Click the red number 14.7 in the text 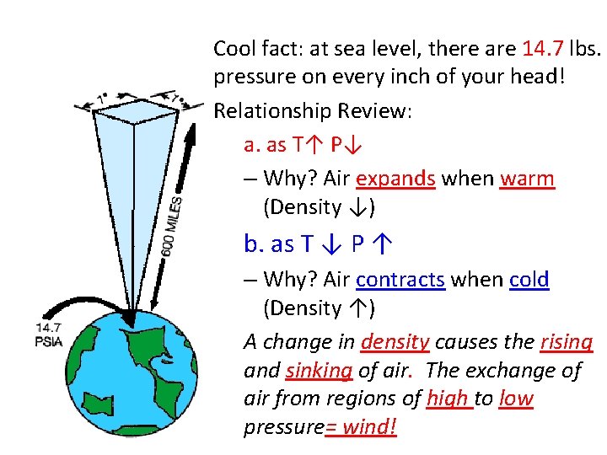point(546,47)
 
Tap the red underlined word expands point(395,179)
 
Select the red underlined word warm point(527,179)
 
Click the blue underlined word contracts point(400,279)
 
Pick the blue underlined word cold point(529,279)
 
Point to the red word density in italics point(395,342)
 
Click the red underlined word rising point(567,342)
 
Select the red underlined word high point(448,399)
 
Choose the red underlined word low point(516,399)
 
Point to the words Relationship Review point(312,110)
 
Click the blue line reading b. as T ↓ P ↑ point(319,244)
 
